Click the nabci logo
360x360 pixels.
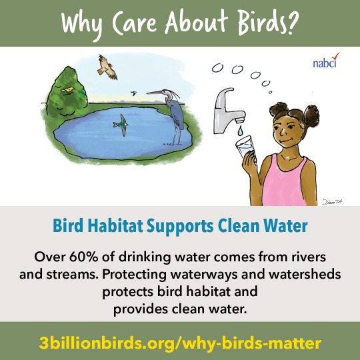coord(326,61)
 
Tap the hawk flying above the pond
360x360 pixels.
coord(107,67)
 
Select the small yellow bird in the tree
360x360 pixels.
coord(67,90)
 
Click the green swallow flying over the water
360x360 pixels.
coord(121,125)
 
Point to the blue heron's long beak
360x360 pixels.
coord(154,93)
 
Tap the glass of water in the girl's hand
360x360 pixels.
coord(245,147)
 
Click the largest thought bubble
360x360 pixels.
coord(237,69)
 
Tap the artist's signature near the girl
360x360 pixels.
coord(333,201)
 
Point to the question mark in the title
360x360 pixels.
coord(293,23)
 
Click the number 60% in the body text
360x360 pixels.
coord(83,257)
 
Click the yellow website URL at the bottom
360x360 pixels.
coord(180,343)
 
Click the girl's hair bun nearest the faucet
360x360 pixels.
coord(279,109)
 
